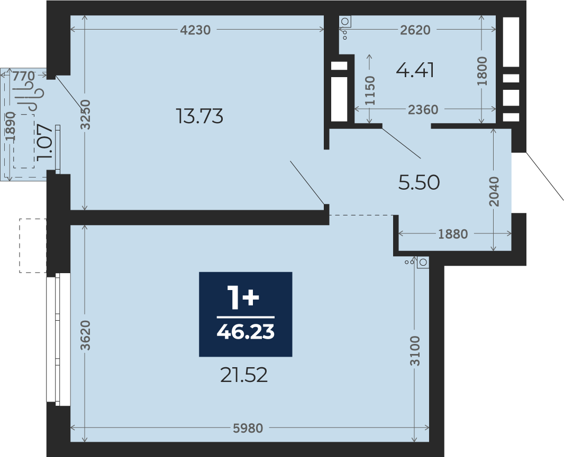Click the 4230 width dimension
click(x=195, y=30)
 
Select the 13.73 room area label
click(x=200, y=116)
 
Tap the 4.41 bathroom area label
click(x=415, y=70)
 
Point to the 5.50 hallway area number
click(x=419, y=182)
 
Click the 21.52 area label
click(x=244, y=376)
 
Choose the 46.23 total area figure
click(x=245, y=332)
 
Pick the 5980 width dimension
click(x=248, y=428)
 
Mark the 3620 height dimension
click(x=86, y=335)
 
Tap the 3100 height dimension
click(x=415, y=351)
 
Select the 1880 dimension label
click(x=453, y=234)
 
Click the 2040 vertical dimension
click(x=495, y=191)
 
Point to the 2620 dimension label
click(x=415, y=30)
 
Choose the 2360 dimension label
click(x=423, y=109)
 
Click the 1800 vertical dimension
click(x=482, y=71)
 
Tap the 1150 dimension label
click(x=370, y=90)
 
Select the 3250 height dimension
click(x=86, y=114)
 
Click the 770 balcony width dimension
click(x=24, y=76)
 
